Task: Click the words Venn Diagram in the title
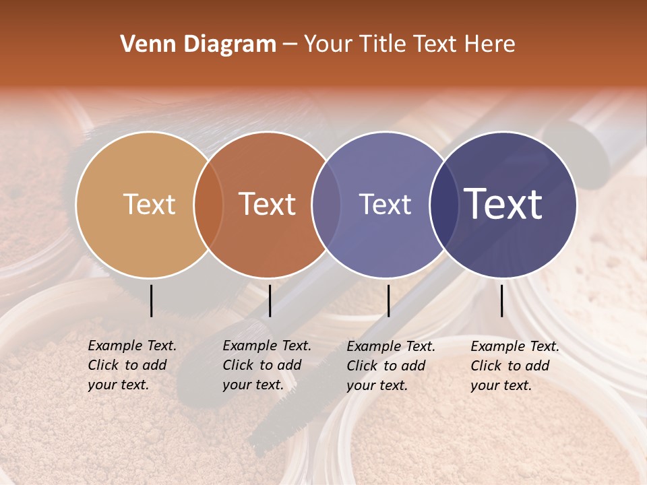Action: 198,44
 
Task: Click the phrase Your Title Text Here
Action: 409,44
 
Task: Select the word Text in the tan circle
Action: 149,205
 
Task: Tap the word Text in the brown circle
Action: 268,205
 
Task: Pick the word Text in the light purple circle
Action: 385,205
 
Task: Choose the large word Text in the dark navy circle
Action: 503,205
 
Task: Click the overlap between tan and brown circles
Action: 208,205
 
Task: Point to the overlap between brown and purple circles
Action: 326,205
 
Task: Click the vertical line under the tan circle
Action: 151,300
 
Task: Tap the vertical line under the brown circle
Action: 270,300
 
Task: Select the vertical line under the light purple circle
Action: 388,300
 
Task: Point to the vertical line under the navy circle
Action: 502,300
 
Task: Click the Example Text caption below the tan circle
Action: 132,365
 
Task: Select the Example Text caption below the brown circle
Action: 267,365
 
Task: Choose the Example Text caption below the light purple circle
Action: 391,366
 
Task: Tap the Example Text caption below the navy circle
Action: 515,366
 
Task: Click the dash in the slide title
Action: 290,45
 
